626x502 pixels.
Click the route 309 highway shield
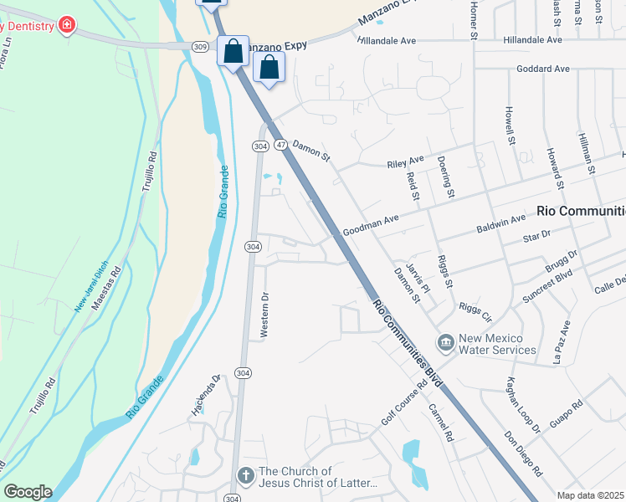point(199,47)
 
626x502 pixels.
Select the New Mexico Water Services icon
point(444,343)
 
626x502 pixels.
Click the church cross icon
point(245,476)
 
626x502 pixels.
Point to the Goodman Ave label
point(371,225)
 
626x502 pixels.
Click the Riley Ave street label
point(405,160)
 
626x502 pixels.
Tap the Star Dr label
point(533,237)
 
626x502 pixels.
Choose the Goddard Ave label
point(543,69)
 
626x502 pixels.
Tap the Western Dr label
point(264,315)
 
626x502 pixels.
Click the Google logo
point(28,492)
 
